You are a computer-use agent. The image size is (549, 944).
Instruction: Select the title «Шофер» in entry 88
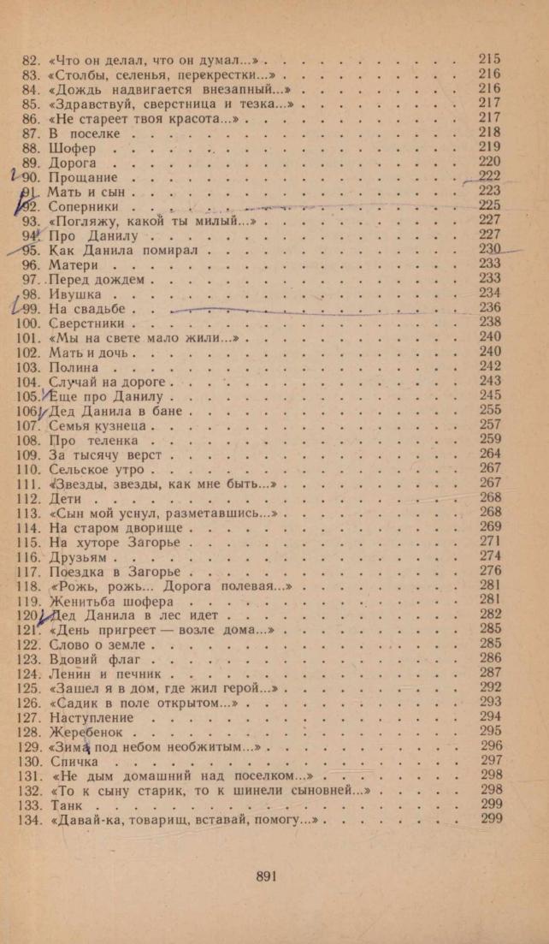tap(73, 148)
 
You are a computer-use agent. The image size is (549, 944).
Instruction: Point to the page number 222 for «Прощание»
tap(489, 176)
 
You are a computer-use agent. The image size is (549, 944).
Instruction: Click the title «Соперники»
tap(84, 207)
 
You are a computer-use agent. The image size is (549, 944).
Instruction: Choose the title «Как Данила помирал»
tap(123, 251)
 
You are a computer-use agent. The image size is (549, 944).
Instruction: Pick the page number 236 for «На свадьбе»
tap(490, 308)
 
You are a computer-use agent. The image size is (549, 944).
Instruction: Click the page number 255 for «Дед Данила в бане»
tap(490, 410)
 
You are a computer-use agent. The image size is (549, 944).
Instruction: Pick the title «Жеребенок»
tap(87, 733)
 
